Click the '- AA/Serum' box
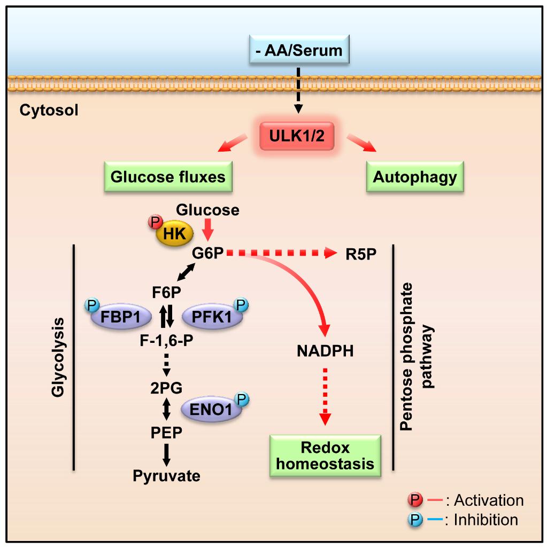pos(299,51)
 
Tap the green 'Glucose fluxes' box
pos(168,177)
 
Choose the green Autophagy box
pos(415,177)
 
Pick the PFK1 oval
pos(212,320)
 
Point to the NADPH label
pos(325,351)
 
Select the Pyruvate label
pos(167,475)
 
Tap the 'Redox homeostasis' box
pos(325,455)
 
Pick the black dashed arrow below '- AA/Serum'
pos(299,89)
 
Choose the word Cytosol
pos(49,111)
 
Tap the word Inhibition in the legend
pos(486,519)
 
